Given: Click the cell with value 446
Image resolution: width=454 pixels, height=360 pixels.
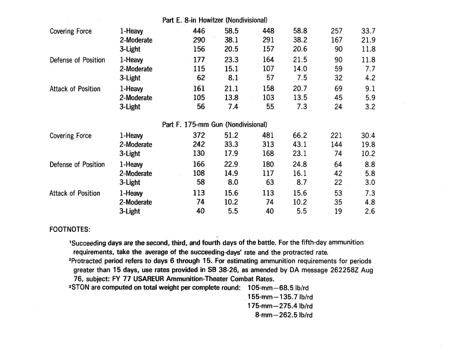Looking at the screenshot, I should [x=199, y=31].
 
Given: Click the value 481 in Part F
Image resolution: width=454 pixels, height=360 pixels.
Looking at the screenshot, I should [x=268, y=136].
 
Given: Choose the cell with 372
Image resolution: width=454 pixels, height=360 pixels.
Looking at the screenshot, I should [x=199, y=136].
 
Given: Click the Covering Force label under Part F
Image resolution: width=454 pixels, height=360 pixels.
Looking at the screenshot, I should [x=70, y=136].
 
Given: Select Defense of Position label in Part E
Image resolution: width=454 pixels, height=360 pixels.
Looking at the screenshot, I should [x=77, y=60].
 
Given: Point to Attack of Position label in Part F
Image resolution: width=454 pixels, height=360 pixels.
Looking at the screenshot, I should [x=74, y=193].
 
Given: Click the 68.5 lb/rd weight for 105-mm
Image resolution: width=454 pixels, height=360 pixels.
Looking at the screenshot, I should [x=292, y=288].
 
